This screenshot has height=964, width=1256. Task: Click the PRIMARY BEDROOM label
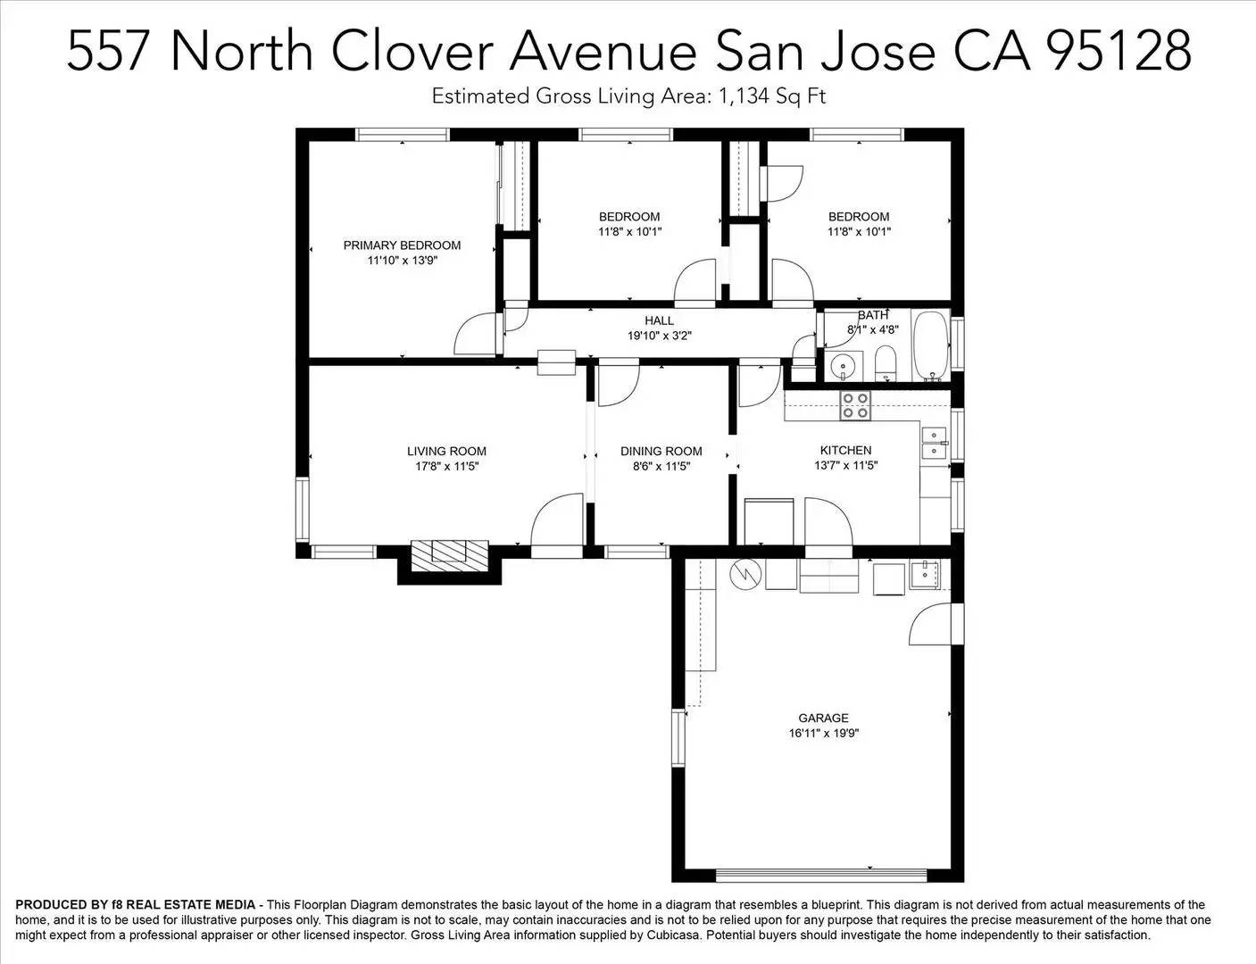(402, 245)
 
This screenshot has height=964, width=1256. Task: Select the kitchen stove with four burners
(854, 406)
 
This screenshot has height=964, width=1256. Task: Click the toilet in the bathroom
(886, 363)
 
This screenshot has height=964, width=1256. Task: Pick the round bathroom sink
(843, 366)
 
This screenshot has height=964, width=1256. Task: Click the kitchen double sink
(934, 443)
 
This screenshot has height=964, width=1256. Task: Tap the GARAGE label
(823, 718)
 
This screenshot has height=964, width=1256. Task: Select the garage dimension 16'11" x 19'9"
(823, 734)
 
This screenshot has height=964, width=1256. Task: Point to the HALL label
(659, 320)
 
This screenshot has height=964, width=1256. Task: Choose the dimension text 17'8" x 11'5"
(446, 466)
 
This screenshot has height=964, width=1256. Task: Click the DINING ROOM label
(661, 451)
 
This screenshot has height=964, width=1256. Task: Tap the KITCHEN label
(845, 450)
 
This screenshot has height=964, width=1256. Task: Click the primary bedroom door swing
(475, 336)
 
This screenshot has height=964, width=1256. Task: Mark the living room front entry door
(557, 524)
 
